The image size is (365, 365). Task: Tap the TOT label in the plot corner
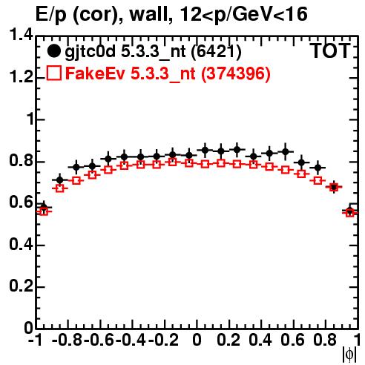tap(331, 50)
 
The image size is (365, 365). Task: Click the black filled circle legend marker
tap(53, 51)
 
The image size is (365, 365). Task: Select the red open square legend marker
tap(53, 73)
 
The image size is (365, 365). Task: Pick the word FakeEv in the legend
tap(95, 73)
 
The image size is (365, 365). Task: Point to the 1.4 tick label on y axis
tap(21, 35)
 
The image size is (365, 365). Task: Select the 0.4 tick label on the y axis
tap(21, 244)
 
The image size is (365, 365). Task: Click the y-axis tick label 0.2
tap(21, 286)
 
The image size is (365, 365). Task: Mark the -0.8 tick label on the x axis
tap(67, 340)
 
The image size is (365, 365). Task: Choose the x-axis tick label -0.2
tap(163, 340)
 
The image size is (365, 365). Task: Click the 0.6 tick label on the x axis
tap(292, 340)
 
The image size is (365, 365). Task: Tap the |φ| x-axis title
tap(349, 355)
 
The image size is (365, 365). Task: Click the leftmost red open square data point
tap(44, 211)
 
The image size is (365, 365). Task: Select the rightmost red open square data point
tap(350, 213)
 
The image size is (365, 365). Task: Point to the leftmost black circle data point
tap(44, 207)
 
